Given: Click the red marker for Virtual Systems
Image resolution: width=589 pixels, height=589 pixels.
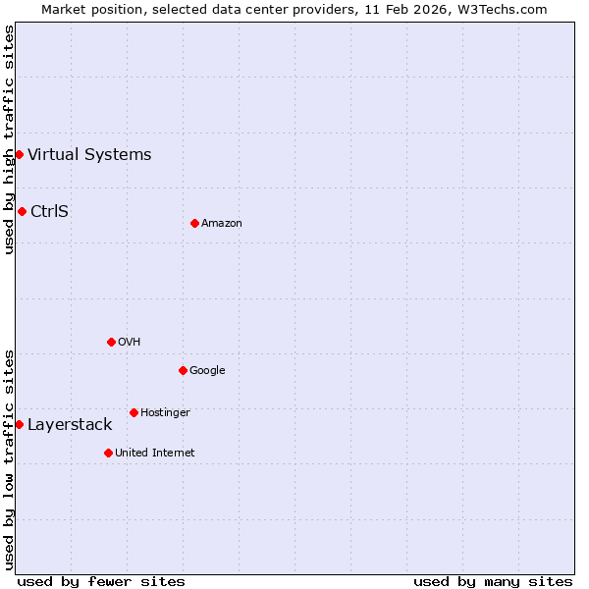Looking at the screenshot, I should [19, 154].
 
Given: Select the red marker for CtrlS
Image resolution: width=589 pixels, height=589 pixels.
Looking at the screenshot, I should [22, 211].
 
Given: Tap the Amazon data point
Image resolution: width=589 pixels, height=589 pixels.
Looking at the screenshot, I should [194, 223].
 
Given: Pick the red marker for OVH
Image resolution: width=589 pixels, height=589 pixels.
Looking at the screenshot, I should [111, 342].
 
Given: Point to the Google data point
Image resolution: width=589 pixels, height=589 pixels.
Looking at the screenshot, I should [183, 370].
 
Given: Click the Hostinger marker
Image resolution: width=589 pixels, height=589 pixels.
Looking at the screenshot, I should [134, 412].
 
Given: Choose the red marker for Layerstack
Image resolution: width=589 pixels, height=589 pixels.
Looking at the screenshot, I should [19, 424].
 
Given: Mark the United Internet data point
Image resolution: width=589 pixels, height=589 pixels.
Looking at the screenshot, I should [108, 453].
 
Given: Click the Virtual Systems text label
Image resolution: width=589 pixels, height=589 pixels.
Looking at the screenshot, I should [89, 154].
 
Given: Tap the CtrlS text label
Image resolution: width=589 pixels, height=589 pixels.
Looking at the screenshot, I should [49, 211].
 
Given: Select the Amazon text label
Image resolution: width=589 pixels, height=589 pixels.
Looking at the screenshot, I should [222, 223].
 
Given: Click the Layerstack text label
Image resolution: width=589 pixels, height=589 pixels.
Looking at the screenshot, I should [70, 424].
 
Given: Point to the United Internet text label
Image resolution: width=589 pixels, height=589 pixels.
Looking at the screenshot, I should [155, 453].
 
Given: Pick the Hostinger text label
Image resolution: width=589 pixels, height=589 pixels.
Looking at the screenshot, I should [165, 412].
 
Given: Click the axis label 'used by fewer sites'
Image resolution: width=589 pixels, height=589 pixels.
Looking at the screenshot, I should [101, 581].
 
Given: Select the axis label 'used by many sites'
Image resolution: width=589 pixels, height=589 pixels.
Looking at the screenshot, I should [493, 581].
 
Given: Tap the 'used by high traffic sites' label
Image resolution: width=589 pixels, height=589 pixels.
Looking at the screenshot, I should [9, 139].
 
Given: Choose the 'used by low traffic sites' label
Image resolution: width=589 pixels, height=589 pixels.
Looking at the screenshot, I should [9, 458].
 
